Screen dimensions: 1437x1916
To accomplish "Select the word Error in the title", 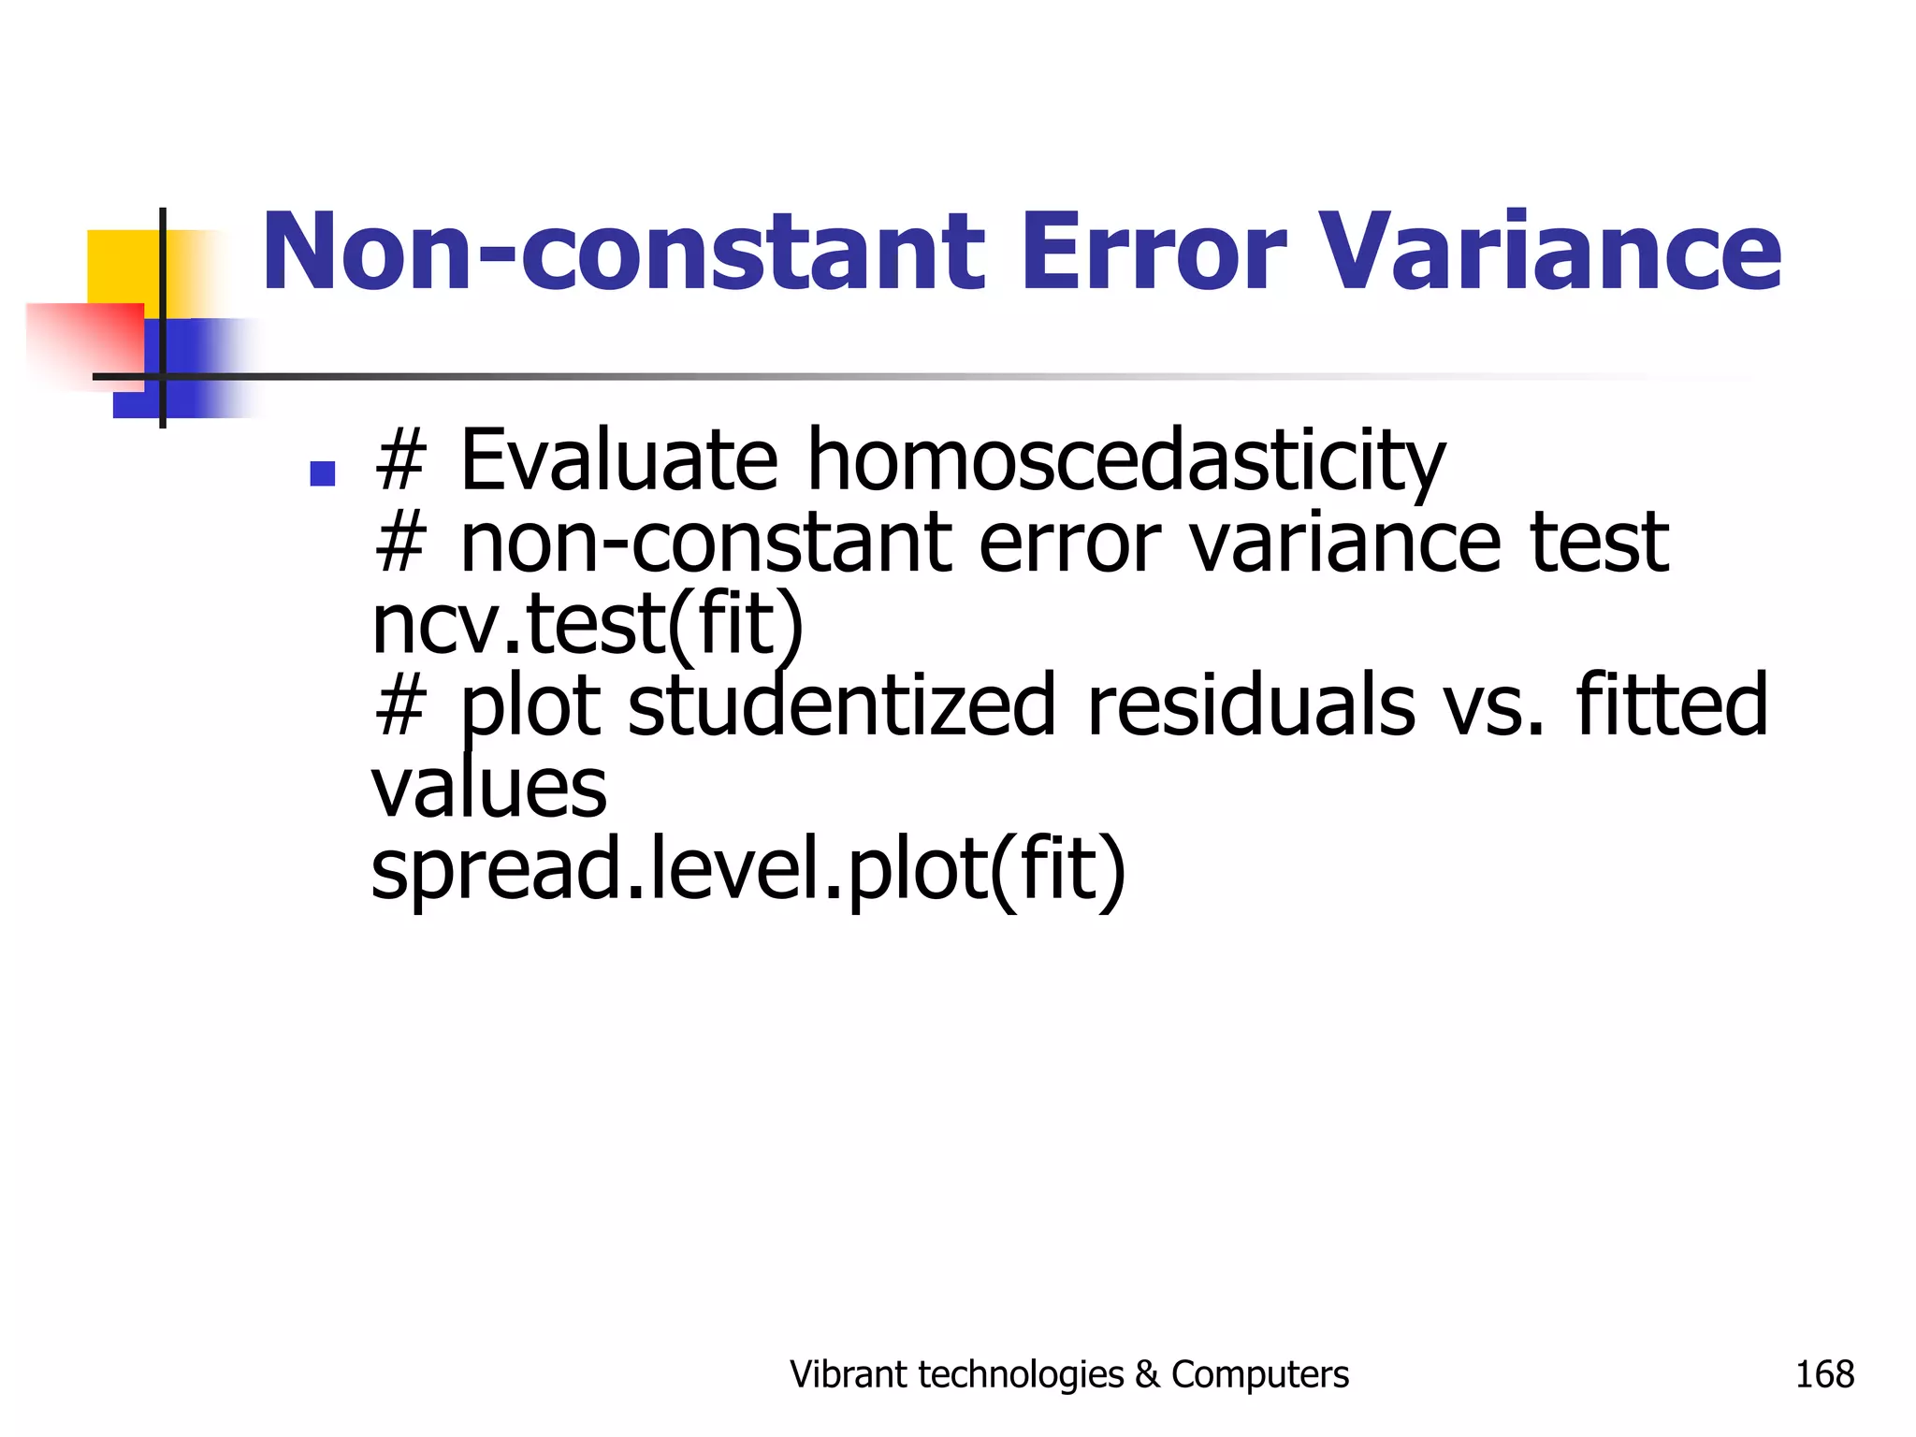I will pos(1154,251).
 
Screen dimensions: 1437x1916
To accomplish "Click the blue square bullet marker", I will pos(322,473).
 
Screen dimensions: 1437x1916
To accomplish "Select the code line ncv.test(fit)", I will pos(587,624).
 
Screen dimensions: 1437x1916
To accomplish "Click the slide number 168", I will pos(1823,1374).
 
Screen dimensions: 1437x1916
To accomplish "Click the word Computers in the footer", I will pos(1259,1374).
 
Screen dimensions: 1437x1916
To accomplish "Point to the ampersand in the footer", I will pos(1146,1374).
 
